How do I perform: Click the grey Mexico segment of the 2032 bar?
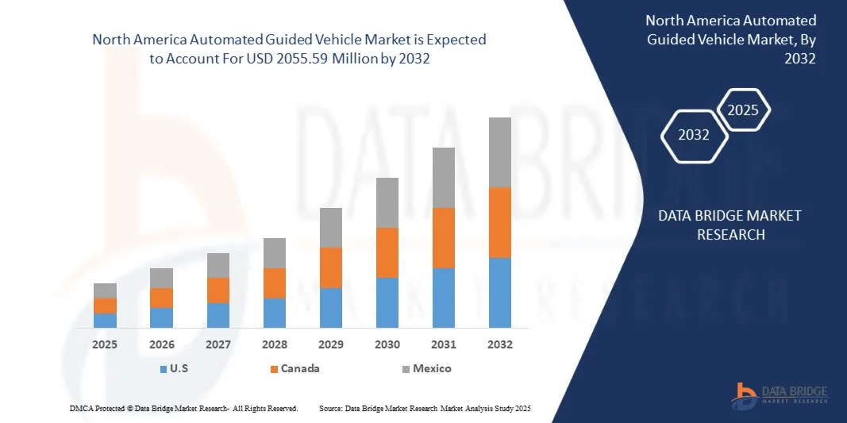(x=499, y=152)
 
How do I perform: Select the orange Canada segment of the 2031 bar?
(x=443, y=238)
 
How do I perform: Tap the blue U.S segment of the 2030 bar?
(x=387, y=302)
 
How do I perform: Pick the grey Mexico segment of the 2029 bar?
(x=330, y=228)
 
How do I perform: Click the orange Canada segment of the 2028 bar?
(x=274, y=283)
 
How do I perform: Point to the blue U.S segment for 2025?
(x=105, y=321)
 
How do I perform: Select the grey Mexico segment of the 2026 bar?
(x=161, y=278)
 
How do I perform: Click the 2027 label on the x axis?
(x=218, y=344)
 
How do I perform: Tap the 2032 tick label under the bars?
(x=499, y=344)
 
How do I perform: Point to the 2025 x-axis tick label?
(x=105, y=344)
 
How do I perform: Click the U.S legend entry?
(x=175, y=368)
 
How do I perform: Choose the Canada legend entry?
(x=296, y=368)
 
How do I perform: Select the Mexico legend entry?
(x=426, y=368)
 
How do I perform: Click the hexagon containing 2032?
(x=694, y=135)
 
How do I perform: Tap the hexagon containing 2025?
(x=743, y=110)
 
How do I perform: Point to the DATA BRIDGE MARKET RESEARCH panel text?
(x=730, y=225)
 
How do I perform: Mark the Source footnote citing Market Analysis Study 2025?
(x=424, y=408)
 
